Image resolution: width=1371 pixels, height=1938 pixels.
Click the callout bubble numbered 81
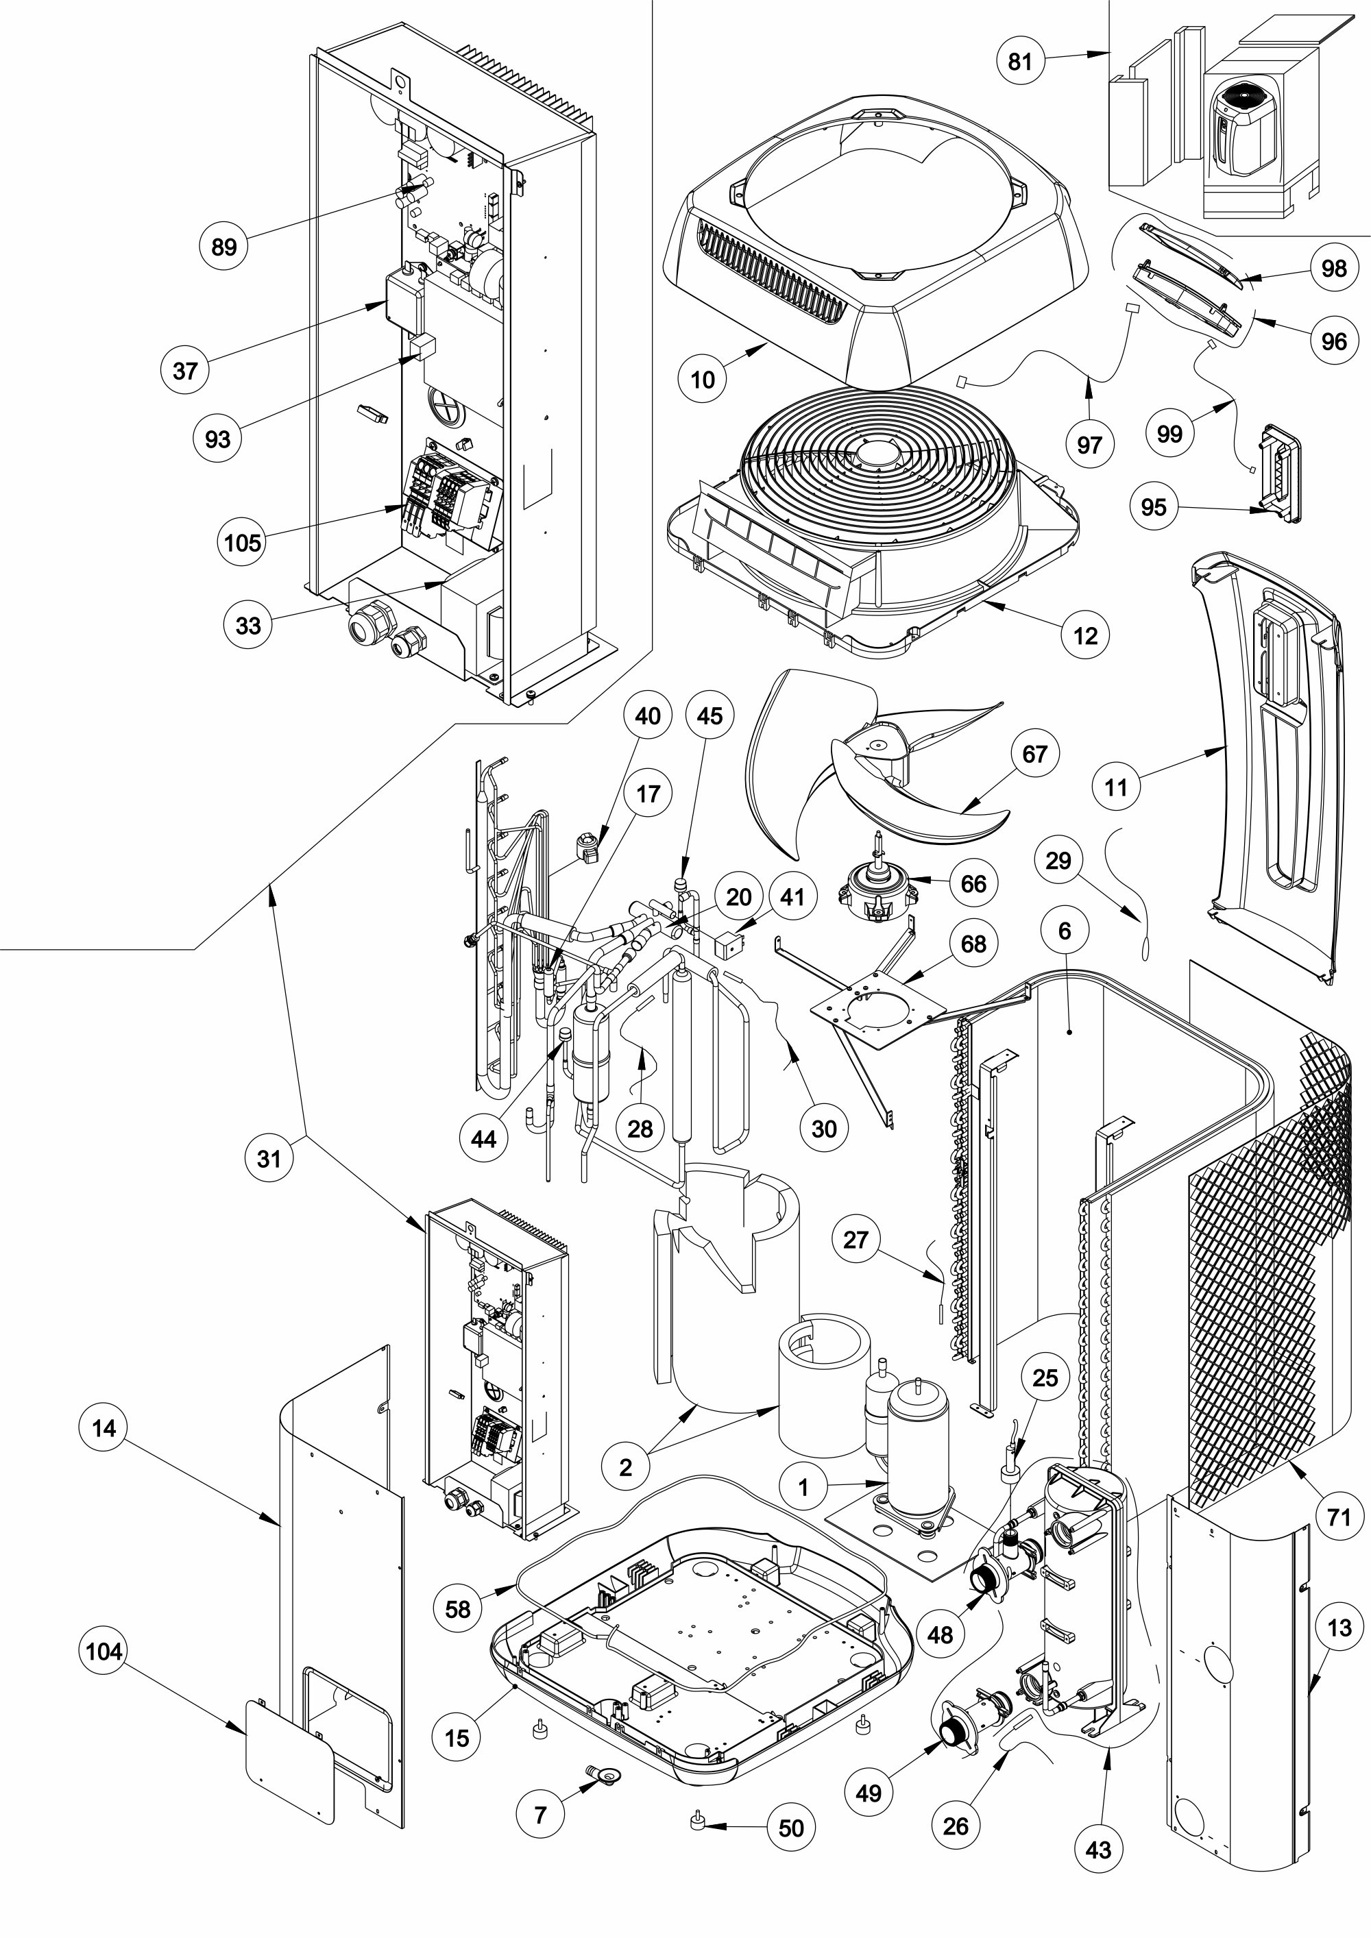1021,62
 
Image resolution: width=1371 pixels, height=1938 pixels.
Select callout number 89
223,247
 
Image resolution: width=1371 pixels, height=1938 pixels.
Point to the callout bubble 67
1035,754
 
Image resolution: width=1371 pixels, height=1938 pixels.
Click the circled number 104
104,1651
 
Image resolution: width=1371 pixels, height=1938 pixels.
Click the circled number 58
457,1609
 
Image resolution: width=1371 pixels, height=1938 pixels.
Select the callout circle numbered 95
1153,506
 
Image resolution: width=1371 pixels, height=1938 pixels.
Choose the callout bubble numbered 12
1085,635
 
